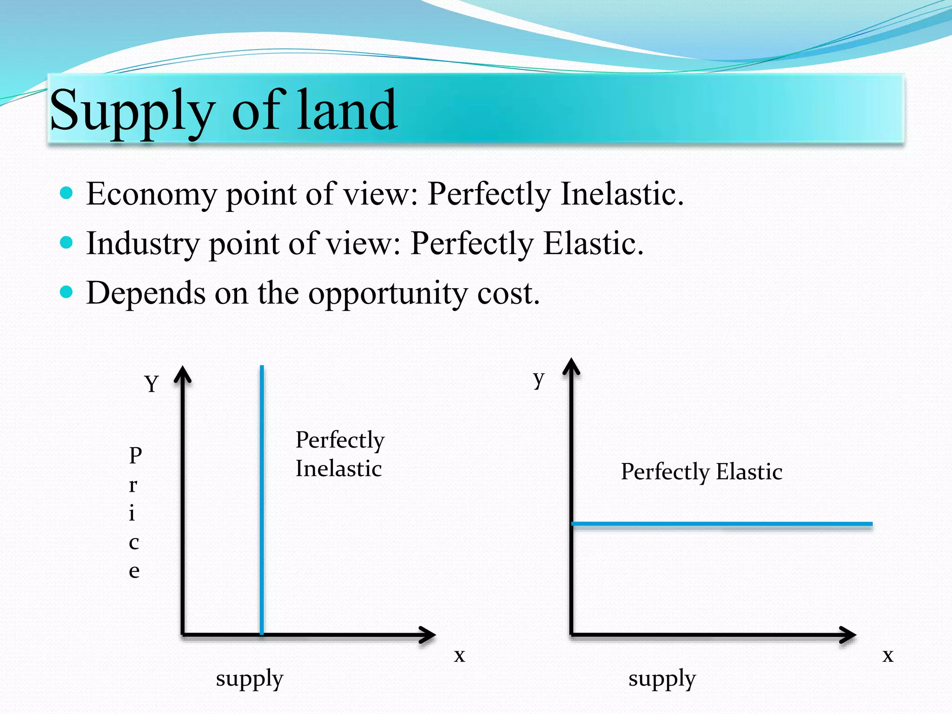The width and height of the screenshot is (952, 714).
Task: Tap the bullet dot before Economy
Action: (67, 192)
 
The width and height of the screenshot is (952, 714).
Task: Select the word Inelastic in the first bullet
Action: (622, 193)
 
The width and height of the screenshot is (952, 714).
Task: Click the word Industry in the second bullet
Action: (143, 244)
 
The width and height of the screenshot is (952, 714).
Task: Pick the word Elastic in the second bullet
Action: (593, 243)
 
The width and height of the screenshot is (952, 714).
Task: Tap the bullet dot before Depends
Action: (67, 292)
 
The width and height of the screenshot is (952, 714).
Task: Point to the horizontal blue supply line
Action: (721, 524)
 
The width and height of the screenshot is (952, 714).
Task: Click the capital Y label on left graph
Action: (152, 384)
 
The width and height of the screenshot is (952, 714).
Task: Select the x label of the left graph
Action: (459, 655)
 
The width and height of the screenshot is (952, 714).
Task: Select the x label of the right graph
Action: (888, 655)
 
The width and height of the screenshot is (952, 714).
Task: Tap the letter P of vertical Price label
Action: (135, 456)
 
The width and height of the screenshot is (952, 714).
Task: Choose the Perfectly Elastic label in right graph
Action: (701, 472)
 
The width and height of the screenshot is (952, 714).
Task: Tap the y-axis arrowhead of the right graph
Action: (571, 367)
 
